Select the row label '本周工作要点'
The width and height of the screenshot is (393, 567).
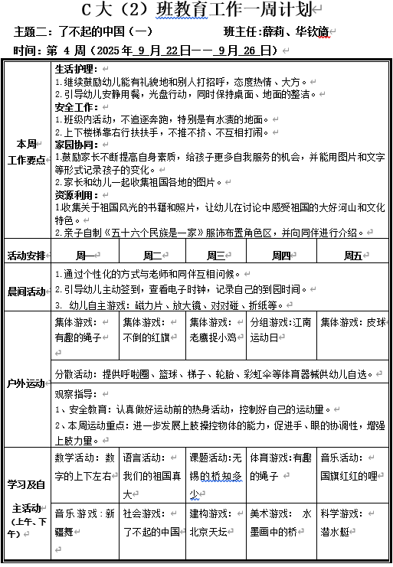(27, 152)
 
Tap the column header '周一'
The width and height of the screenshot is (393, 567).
(86, 255)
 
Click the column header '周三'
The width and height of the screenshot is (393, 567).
(216, 255)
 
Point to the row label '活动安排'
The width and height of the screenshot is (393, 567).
(27, 255)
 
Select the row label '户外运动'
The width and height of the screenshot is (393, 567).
(27, 383)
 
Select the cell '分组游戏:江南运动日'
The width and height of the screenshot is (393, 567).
(281, 330)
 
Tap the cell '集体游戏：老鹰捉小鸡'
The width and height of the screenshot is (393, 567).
(215, 330)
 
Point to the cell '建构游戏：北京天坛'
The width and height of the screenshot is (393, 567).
(215, 522)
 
